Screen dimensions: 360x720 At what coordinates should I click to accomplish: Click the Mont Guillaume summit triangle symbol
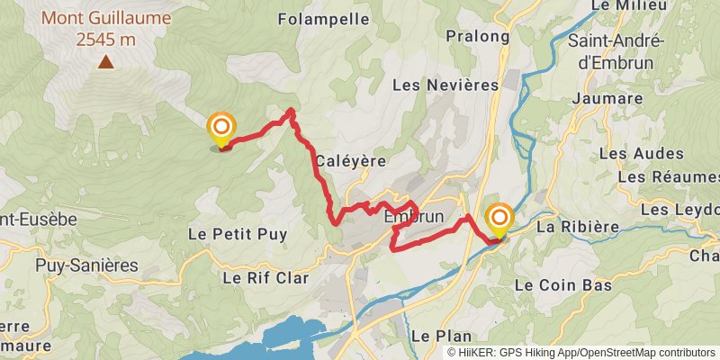tap(106, 61)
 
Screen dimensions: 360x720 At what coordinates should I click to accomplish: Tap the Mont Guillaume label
tap(105, 17)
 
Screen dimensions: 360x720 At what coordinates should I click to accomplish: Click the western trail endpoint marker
tap(220, 128)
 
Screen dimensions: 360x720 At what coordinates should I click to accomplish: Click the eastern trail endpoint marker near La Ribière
tap(499, 220)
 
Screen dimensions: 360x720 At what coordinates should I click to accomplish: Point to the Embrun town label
tap(414, 217)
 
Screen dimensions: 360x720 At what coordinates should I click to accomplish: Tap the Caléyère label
tap(351, 160)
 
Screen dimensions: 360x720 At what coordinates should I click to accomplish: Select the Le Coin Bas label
tap(563, 285)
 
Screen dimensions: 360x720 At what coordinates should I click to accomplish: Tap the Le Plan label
tap(441, 335)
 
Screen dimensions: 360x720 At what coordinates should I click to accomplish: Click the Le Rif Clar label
tap(265, 278)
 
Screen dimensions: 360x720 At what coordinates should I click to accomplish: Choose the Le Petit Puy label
tap(238, 234)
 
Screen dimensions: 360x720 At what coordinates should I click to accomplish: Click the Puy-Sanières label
tap(87, 265)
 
